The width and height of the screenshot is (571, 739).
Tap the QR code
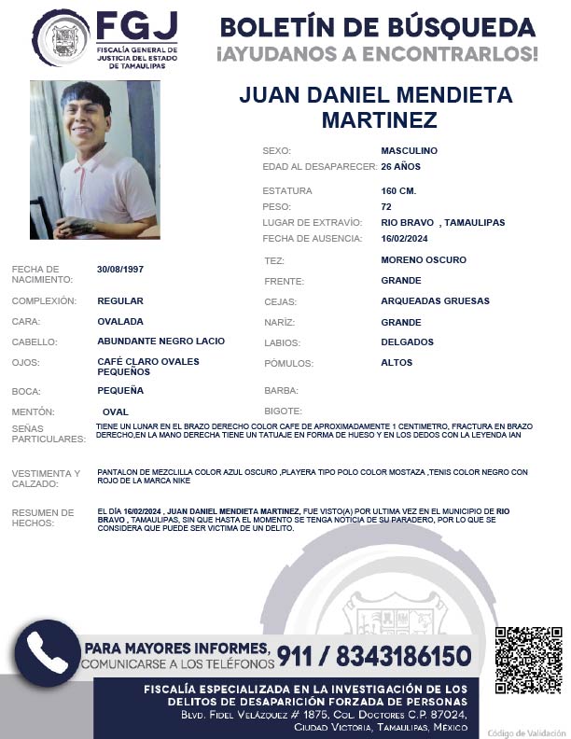point(528,660)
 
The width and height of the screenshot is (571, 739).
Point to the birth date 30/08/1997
point(120,270)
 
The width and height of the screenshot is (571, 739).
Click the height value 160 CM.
point(398,191)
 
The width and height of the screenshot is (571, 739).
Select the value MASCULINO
point(409,150)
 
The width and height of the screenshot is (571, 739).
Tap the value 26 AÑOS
point(401,166)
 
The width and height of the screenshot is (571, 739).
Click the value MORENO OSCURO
point(424,259)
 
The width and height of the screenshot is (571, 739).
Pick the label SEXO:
point(277,150)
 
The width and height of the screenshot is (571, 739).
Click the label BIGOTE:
point(283,411)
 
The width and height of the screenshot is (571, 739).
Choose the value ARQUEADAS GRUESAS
point(435,300)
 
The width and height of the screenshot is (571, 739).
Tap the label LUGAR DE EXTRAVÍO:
point(312,222)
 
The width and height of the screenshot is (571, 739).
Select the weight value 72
point(386,206)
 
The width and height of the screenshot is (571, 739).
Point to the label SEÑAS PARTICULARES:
point(42,433)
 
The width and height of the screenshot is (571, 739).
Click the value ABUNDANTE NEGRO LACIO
point(160,341)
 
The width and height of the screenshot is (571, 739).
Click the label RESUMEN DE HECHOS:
point(42,517)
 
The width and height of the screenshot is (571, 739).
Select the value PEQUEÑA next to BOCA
point(120,390)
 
